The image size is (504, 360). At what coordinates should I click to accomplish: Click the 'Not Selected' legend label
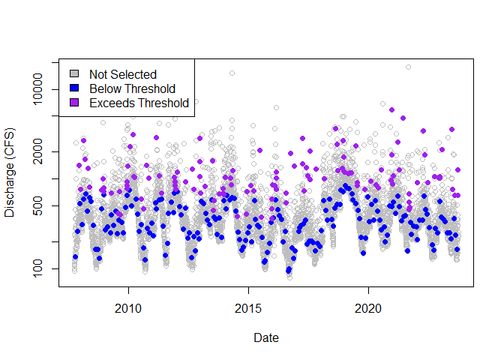(x=122, y=74)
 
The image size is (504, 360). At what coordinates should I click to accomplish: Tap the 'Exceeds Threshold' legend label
(x=139, y=103)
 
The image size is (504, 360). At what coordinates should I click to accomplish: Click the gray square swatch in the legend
(x=74, y=74)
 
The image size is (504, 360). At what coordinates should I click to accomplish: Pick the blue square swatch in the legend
(x=74, y=88)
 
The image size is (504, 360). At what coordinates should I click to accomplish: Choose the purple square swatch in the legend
(x=74, y=103)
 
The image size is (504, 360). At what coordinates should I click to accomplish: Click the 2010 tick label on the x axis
(x=128, y=307)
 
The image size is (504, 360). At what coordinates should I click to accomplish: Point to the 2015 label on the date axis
(x=248, y=307)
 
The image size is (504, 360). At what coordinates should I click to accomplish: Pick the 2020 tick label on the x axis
(x=368, y=307)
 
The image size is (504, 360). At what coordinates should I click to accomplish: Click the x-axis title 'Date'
(x=266, y=338)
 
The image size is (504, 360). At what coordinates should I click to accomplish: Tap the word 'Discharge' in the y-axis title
(x=10, y=188)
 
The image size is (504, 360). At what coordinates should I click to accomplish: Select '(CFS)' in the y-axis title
(x=10, y=150)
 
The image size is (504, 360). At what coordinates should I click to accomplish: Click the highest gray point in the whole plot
(x=408, y=67)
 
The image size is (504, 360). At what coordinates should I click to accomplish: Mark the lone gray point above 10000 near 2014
(x=232, y=73)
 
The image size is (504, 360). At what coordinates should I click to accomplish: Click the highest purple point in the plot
(x=391, y=109)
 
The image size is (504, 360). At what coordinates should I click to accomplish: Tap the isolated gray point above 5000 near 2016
(x=275, y=108)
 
